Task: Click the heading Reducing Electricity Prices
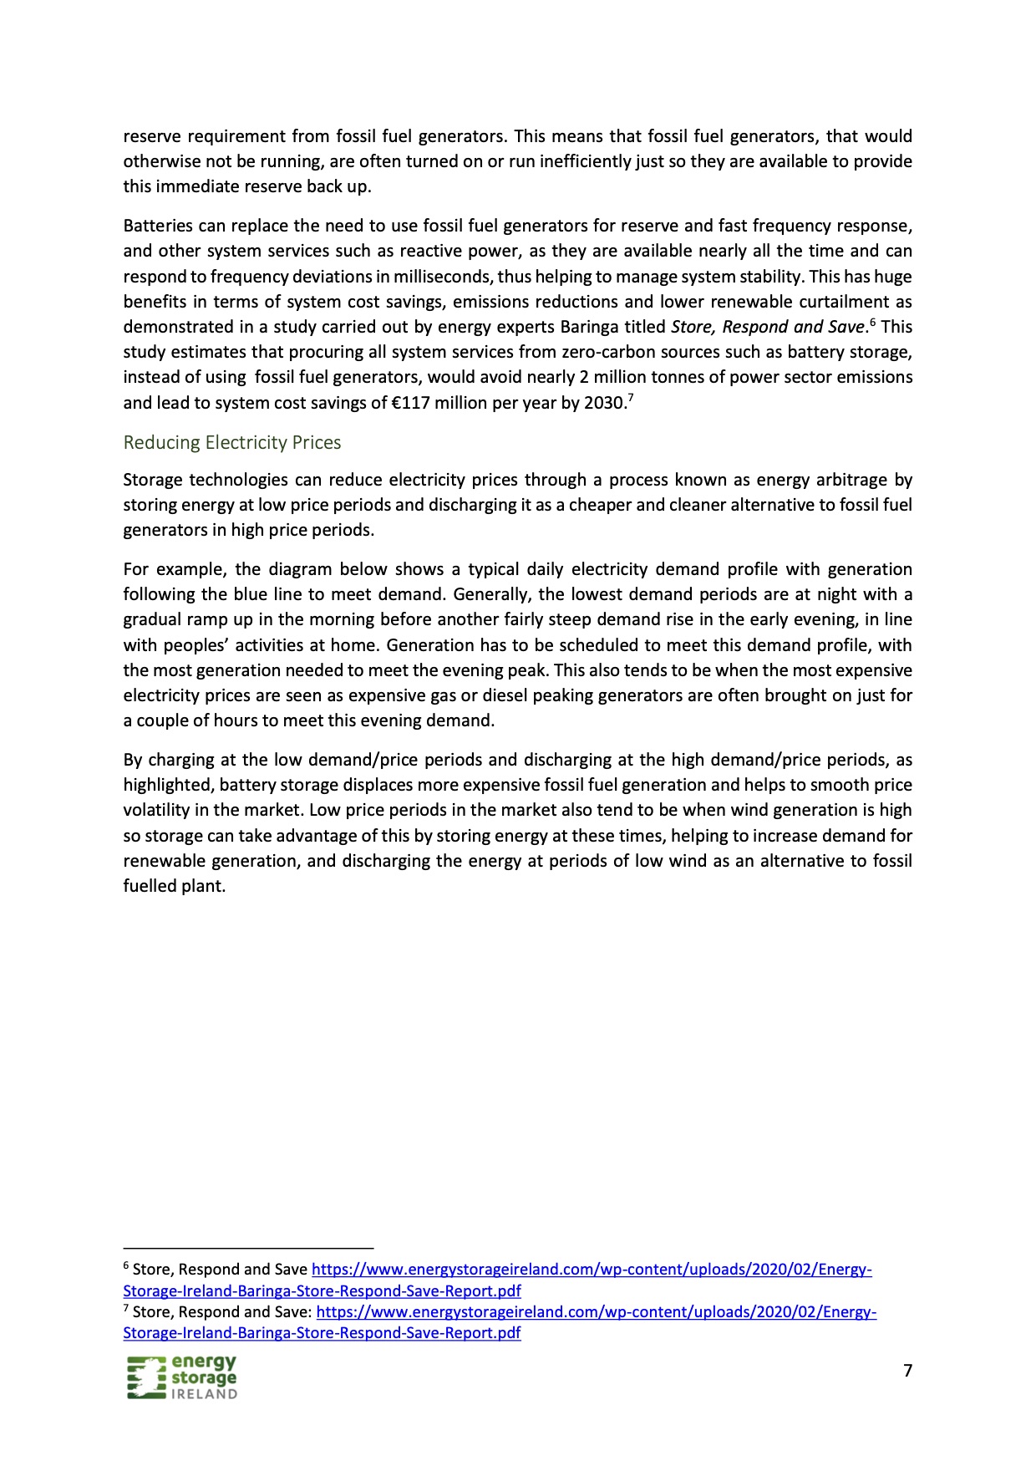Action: (x=232, y=442)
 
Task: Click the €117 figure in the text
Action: (x=414, y=403)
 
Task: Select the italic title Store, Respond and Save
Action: (x=767, y=327)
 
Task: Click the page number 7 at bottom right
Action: (x=907, y=1370)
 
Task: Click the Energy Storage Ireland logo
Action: (x=182, y=1377)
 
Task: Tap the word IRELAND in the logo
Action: (x=204, y=1394)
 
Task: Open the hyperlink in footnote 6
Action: (x=592, y=1270)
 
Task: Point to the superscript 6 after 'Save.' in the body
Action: (x=872, y=322)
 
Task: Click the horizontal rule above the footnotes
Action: (x=248, y=1248)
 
